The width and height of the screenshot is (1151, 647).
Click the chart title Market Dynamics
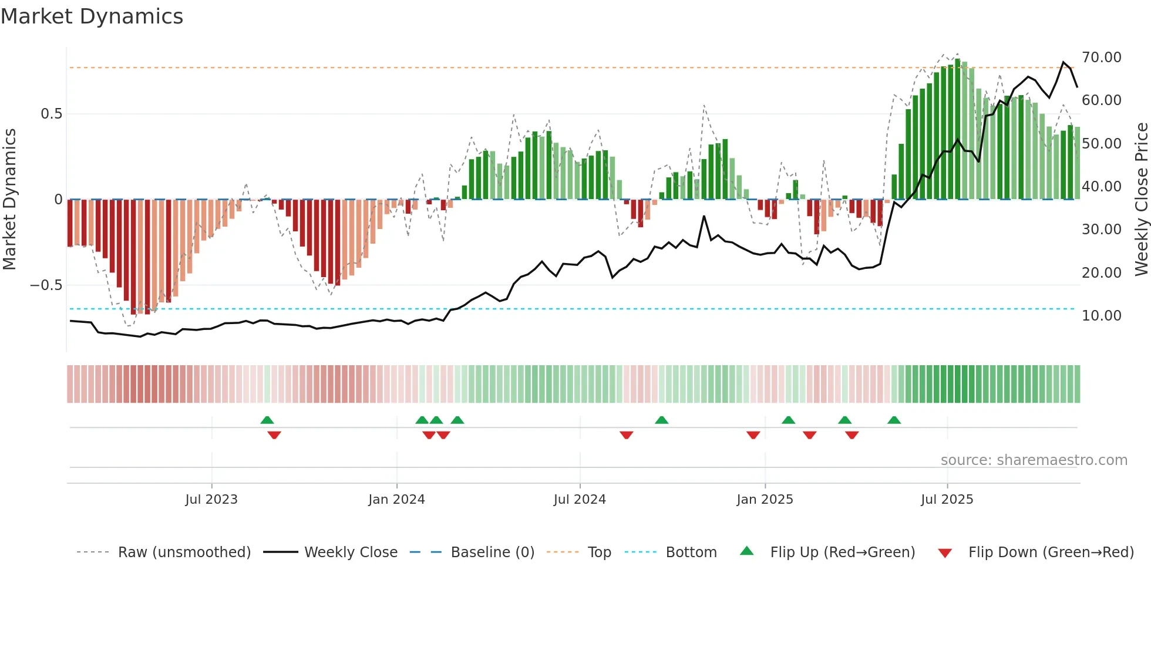(92, 16)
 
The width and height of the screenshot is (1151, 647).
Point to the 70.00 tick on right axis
(1101, 58)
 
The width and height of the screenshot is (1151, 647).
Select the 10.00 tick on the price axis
(1101, 316)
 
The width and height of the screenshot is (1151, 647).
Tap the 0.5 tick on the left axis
(51, 114)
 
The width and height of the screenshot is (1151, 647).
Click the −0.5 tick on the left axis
(46, 285)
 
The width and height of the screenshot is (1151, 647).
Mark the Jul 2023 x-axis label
(211, 500)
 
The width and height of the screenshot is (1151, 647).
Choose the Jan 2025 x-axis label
(765, 500)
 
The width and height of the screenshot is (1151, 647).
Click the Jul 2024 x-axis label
(580, 500)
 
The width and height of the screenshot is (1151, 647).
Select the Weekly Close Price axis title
(1141, 200)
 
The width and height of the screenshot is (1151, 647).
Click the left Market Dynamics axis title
(9, 200)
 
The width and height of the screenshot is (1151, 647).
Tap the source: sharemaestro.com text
(1034, 460)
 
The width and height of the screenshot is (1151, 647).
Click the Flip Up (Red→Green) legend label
(842, 552)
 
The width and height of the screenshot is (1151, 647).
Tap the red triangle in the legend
(945, 553)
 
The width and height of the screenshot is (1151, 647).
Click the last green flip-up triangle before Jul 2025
(894, 420)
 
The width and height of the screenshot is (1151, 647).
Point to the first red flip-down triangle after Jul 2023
(274, 434)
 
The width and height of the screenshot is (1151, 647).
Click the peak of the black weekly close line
(1064, 62)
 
